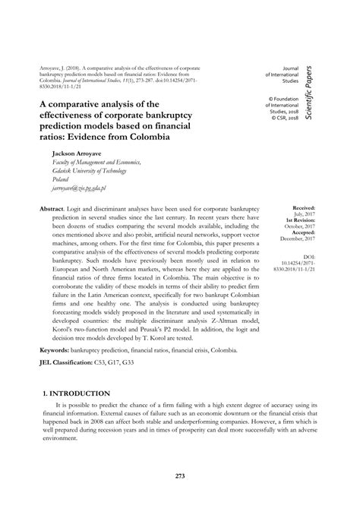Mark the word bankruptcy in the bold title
[x=167, y=96]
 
